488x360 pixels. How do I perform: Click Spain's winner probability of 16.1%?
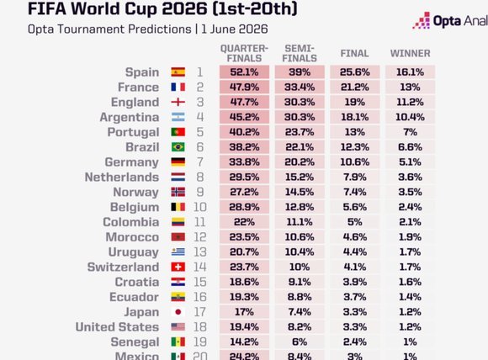[x=410, y=72]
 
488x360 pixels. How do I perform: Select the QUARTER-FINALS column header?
[x=244, y=54]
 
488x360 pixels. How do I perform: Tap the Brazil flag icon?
[x=178, y=147]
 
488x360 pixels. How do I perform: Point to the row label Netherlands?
[x=122, y=177]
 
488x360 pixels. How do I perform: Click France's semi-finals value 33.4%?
[x=300, y=87]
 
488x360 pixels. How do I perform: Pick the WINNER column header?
[x=411, y=54]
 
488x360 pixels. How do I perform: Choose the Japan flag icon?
[x=178, y=312]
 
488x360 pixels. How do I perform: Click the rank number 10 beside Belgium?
[x=199, y=207]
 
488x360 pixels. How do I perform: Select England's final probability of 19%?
[x=354, y=102]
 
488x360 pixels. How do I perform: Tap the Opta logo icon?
[x=422, y=20]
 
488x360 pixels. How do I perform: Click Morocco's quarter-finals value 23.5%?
[x=244, y=237]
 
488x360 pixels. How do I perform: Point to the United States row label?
[x=117, y=327]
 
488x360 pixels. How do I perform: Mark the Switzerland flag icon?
[x=178, y=267]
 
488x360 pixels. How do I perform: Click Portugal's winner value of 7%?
[x=410, y=132]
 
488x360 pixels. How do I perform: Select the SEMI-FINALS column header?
[x=300, y=54]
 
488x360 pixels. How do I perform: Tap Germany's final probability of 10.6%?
[x=354, y=162]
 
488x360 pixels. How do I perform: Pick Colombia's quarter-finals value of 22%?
[x=244, y=222]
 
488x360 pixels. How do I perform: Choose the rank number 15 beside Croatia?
[x=199, y=282]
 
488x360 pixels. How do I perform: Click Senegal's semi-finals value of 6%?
[x=300, y=342]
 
